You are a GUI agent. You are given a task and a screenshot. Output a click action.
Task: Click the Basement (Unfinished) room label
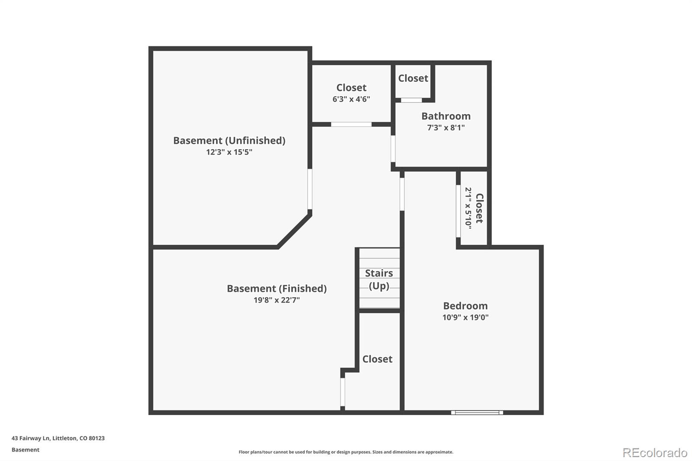pos(229,141)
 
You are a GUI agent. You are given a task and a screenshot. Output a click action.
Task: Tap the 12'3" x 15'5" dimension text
pos(229,152)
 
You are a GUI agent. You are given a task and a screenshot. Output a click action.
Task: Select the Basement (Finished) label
pos(277,288)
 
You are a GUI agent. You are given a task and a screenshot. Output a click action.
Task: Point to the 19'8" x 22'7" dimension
pos(277,300)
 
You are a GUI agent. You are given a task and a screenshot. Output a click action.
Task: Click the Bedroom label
pos(465,306)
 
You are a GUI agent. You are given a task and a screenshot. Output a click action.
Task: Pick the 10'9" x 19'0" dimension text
pos(465,317)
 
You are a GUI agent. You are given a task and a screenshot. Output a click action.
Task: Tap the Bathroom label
pos(446,116)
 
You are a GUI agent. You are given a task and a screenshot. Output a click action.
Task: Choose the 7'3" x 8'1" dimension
pos(446,128)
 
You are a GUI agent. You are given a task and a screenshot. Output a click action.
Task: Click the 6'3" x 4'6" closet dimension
pos(351,99)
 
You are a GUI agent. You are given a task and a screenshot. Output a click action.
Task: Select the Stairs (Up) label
pos(379,279)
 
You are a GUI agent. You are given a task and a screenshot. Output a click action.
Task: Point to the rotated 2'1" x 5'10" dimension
pos(468,208)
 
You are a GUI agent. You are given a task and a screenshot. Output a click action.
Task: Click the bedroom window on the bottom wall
pos(477,413)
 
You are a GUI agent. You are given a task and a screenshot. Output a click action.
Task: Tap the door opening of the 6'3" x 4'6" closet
pos(351,125)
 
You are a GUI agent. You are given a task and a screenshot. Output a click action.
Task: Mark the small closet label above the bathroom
pos(413,78)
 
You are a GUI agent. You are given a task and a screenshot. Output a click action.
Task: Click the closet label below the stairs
pos(378,359)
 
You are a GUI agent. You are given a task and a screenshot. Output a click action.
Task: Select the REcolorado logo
pos(655,453)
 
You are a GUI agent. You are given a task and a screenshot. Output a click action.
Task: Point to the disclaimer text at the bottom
pos(346,452)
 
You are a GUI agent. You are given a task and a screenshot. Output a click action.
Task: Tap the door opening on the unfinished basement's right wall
pos(310,189)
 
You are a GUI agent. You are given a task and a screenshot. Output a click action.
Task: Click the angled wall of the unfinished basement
pos(295,230)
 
